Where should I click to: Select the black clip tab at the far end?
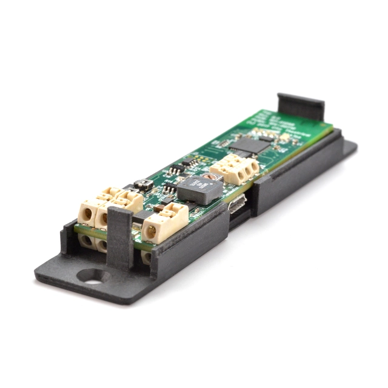point(300,107)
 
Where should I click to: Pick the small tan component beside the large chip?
point(284,138)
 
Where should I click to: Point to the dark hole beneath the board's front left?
point(87,241)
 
